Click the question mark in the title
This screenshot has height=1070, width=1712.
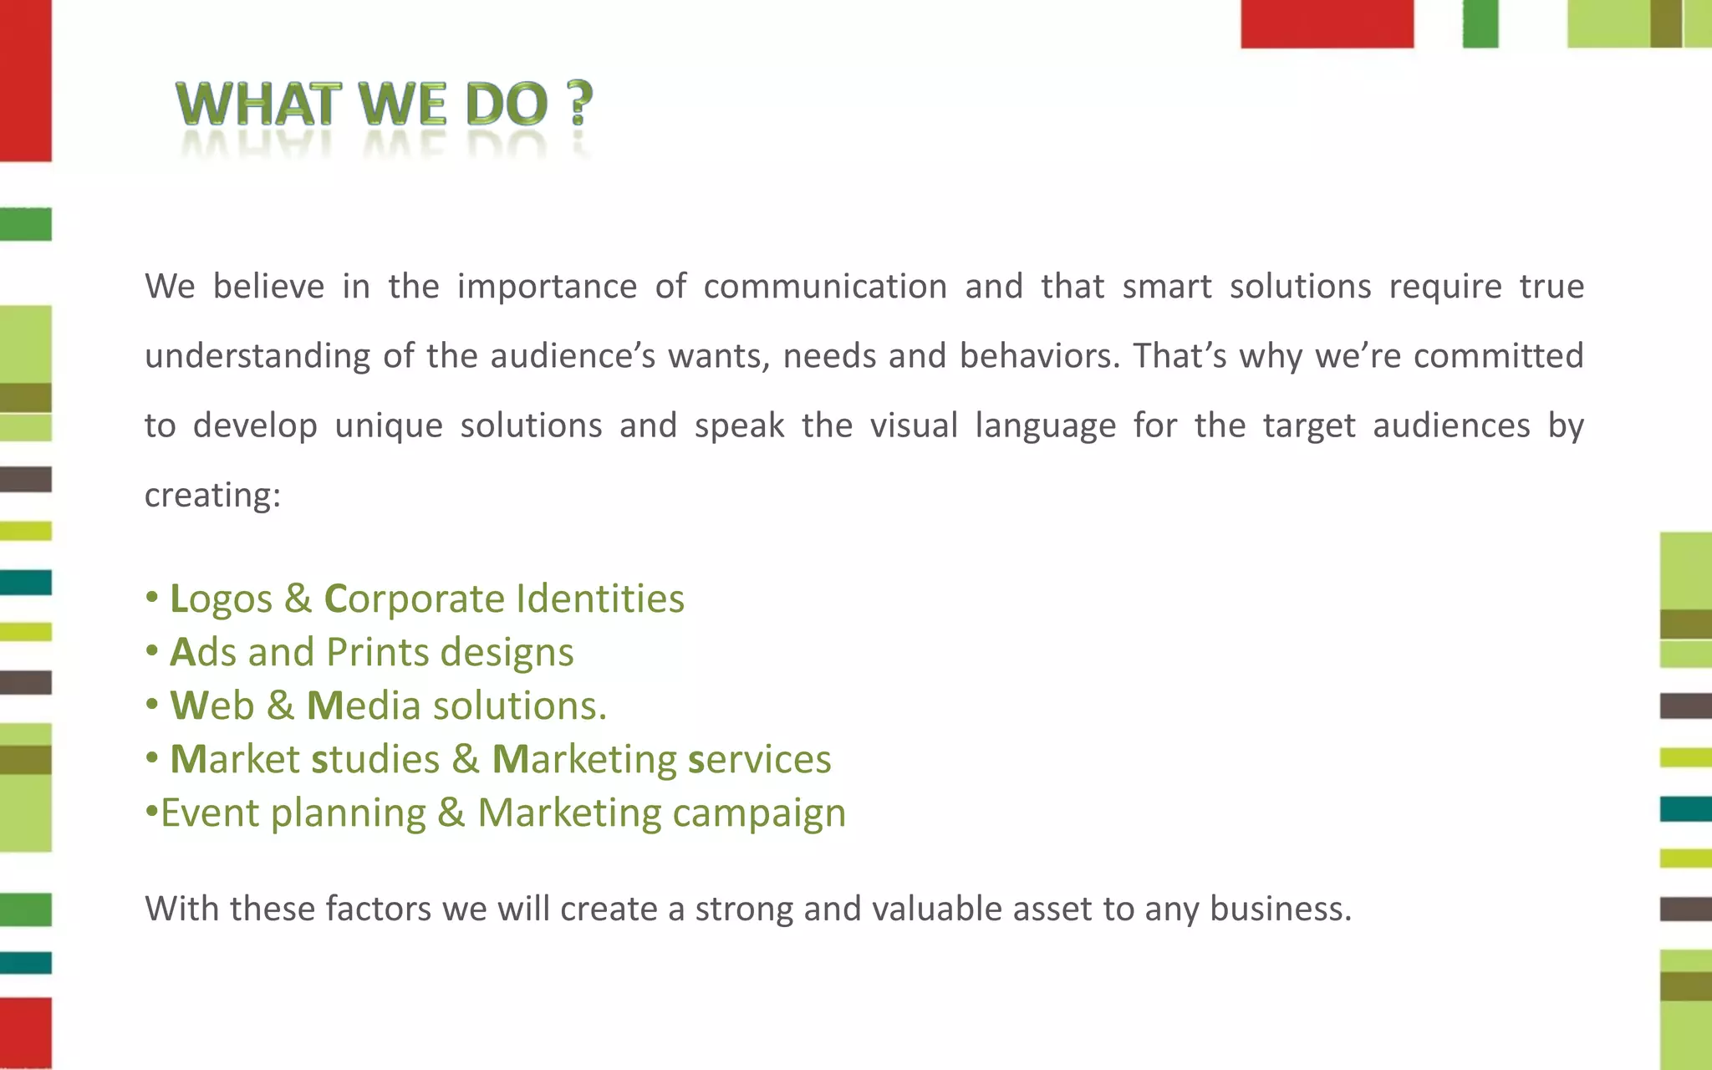(578, 103)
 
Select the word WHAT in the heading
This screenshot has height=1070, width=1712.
(259, 104)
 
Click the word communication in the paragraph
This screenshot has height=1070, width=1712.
(825, 287)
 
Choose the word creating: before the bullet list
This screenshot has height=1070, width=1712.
(212, 496)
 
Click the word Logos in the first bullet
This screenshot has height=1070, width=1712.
(221, 600)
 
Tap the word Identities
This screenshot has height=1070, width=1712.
(600, 599)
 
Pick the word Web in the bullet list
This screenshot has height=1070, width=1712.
(212, 706)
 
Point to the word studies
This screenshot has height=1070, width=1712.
(375, 759)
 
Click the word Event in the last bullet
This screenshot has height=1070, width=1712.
(210, 813)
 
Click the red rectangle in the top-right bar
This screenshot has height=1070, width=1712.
(1327, 23)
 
